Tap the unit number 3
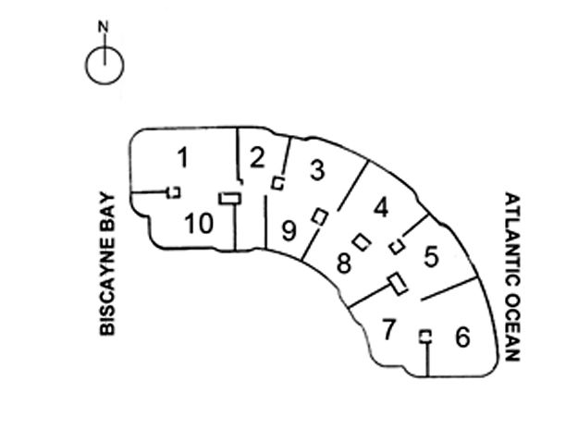click(x=316, y=170)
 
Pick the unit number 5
click(x=430, y=257)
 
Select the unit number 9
click(x=289, y=229)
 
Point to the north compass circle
click(x=105, y=65)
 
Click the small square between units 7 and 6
click(x=425, y=336)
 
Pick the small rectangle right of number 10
click(x=229, y=197)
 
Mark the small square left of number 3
click(x=277, y=184)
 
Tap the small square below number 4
click(x=396, y=247)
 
